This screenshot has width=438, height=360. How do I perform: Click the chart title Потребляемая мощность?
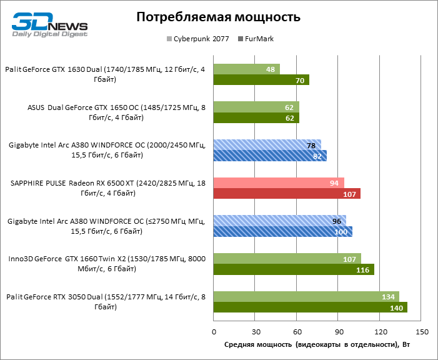coord(219,17)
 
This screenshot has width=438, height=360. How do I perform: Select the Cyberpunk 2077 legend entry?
coord(198,39)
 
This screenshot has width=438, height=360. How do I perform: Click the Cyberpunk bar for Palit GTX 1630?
coord(246,69)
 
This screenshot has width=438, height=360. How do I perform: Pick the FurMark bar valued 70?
coord(261,80)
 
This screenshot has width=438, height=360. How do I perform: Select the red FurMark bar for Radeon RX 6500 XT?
coord(287,194)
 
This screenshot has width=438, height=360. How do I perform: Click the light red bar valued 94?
coord(278,182)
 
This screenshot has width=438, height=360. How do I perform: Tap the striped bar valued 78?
coord(267,144)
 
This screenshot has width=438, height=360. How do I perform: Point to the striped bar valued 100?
coord(282,231)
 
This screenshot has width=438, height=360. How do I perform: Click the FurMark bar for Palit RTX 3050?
coord(310,307)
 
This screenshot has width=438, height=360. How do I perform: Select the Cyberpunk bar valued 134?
coord(306,296)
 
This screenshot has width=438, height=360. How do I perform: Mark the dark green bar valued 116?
coord(294,269)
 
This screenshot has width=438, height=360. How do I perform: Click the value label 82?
coord(318,156)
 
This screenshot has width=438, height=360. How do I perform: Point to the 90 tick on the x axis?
coord(339,331)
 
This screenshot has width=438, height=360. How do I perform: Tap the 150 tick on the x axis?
coord(422,331)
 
